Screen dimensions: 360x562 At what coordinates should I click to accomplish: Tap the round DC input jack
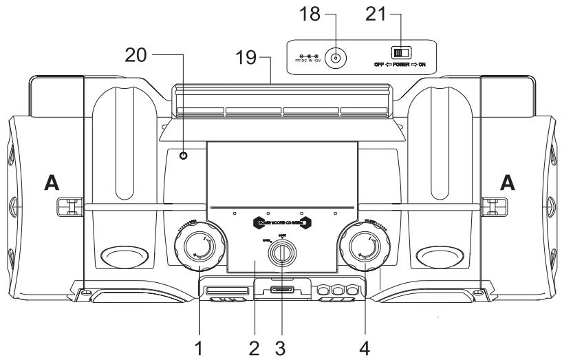coord(334,59)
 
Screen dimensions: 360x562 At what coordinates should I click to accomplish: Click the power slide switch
coord(400,52)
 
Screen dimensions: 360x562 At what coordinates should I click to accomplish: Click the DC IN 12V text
coord(307,61)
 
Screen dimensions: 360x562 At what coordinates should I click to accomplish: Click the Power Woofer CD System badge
coord(282,222)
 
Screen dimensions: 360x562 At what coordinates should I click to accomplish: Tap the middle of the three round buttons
coord(337,291)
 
